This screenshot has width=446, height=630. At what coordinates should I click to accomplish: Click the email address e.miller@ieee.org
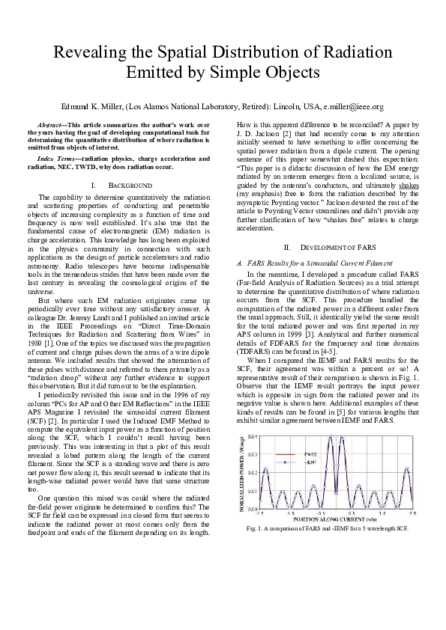[350, 107]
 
